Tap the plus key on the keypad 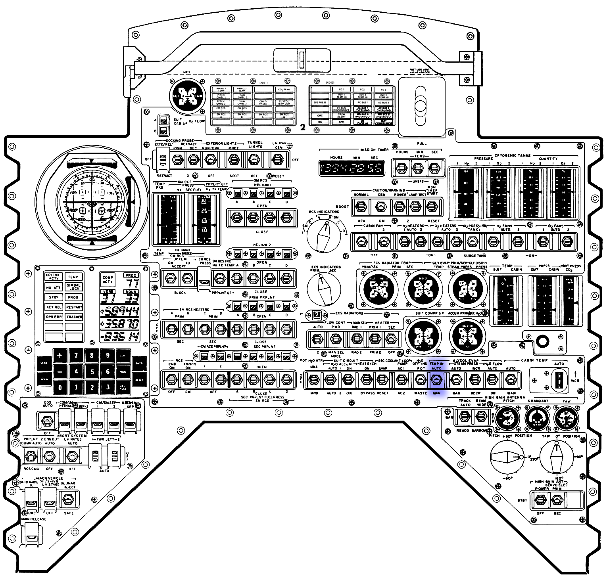(60, 356)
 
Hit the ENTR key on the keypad (139, 363)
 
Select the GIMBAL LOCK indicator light (74, 287)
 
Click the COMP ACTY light (108, 279)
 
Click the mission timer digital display (352, 168)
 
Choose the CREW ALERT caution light (341, 116)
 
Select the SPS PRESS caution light (320, 102)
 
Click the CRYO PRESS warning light (262, 102)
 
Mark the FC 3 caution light (383, 90)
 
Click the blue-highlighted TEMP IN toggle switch (436, 380)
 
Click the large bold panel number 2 (303, 127)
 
